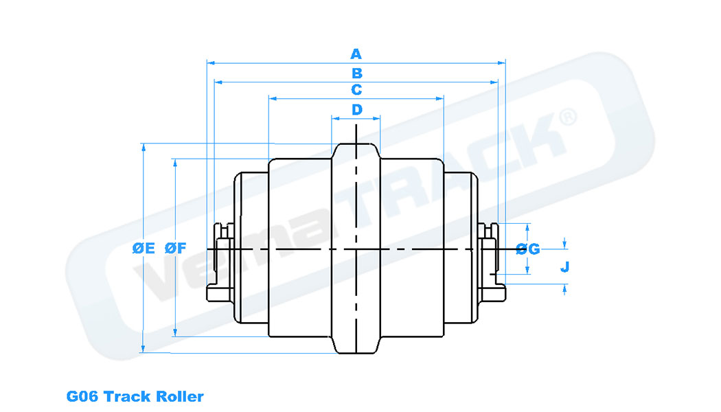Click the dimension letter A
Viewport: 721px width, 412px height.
click(x=356, y=54)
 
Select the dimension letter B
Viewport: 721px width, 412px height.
click(x=356, y=73)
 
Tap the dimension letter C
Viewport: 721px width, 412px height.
click(x=356, y=90)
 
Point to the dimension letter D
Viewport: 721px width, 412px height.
click(x=356, y=109)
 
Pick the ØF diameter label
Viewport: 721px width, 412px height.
click(x=176, y=249)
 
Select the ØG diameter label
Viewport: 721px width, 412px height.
click(x=528, y=249)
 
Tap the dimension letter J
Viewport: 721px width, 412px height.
click(x=564, y=266)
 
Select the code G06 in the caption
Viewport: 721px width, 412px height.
click(x=82, y=396)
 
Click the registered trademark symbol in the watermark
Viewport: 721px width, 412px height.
click(x=568, y=117)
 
